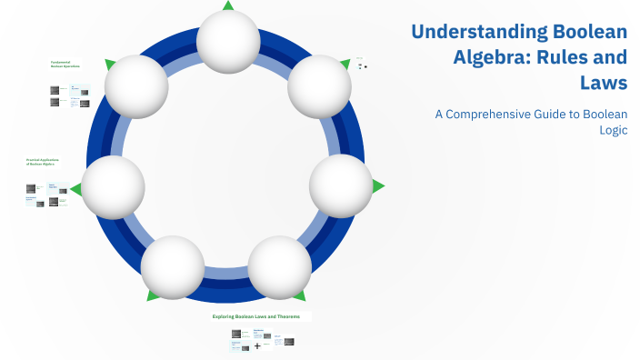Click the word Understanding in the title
click(470, 32)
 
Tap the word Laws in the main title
click(605, 84)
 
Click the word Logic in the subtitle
click(613, 130)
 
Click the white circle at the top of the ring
click(228, 41)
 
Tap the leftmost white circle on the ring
click(114, 187)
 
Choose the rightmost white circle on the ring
click(341, 185)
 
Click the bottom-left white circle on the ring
click(173, 268)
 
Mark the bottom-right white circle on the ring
click(279, 268)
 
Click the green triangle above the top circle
click(228, 5)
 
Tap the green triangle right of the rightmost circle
click(377, 185)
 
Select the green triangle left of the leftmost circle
click(76, 189)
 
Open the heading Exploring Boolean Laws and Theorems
click(262, 316)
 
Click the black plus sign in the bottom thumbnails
click(256, 345)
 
